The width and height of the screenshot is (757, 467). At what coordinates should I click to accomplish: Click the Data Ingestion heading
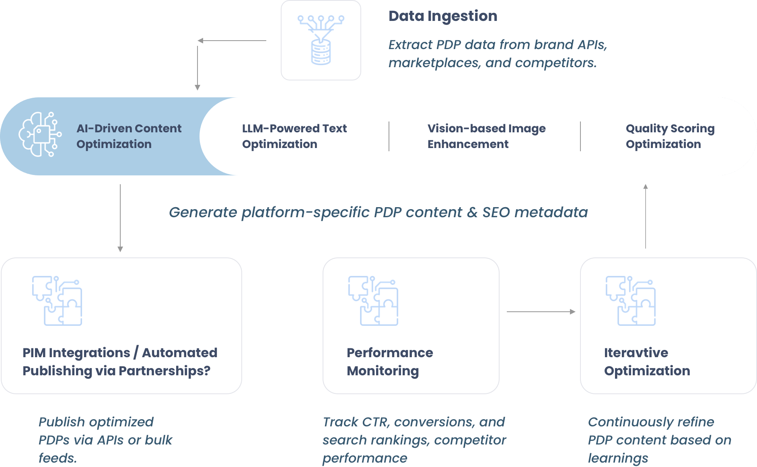(x=443, y=16)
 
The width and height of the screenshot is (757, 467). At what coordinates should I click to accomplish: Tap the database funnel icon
(x=321, y=40)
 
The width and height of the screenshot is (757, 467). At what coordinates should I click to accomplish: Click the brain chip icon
(x=40, y=134)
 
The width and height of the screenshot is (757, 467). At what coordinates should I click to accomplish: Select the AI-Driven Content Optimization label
(x=129, y=136)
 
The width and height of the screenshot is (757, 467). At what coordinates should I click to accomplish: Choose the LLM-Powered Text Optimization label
(x=294, y=136)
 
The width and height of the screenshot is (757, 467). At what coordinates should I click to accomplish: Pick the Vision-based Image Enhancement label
(x=486, y=136)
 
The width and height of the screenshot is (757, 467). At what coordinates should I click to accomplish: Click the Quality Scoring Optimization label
(x=670, y=136)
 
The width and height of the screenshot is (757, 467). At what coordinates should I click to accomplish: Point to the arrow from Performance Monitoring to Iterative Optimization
(x=541, y=312)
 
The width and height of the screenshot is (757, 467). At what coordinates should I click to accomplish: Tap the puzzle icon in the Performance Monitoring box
(x=373, y=300)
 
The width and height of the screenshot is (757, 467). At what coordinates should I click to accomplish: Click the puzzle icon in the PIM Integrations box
(x=57, y=300)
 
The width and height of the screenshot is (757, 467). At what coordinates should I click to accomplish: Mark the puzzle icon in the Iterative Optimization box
(x=630, y=300)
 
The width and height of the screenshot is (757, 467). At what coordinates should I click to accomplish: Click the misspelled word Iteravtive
(x=636, y=353)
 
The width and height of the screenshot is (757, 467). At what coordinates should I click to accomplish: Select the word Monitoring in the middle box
(x=383, y=371)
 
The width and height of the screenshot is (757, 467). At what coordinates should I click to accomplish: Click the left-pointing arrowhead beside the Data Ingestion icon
(x=200, y=41)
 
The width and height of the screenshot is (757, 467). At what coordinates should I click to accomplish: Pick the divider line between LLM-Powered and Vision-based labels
(x=389, y=136)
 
